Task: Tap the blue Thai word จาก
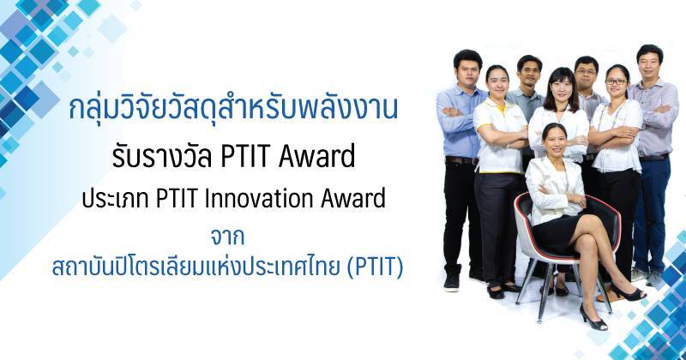(x=227, y=237)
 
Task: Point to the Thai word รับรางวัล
(x=163, y=156)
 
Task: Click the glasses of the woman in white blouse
(x=617, y=81)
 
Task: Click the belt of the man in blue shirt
(x=460, y=160)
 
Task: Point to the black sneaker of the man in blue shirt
(x=452, y=282)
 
